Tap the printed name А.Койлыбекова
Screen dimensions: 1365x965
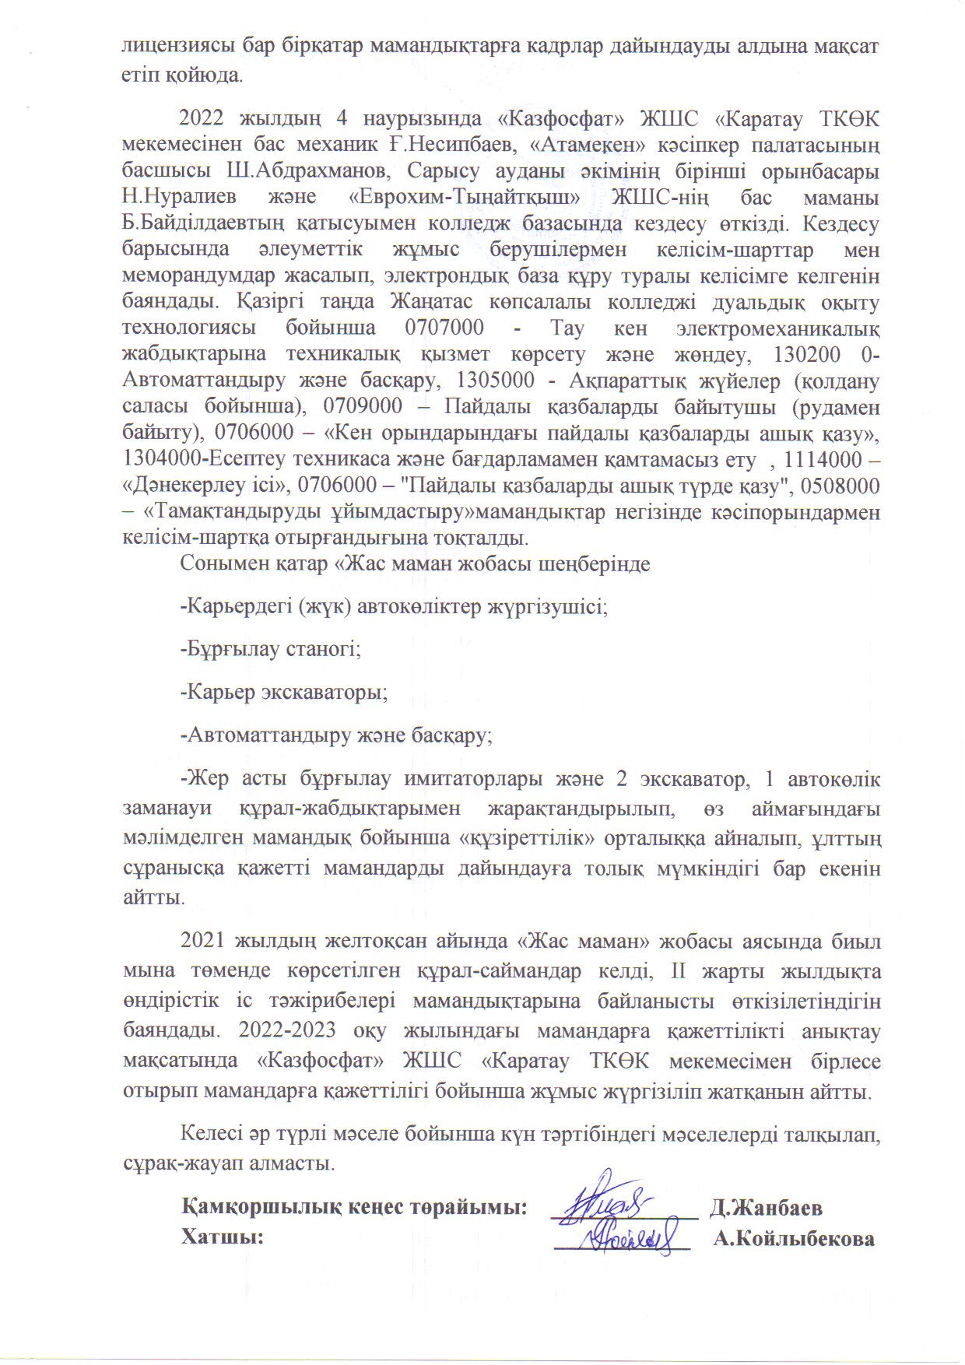pos(793,1238)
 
